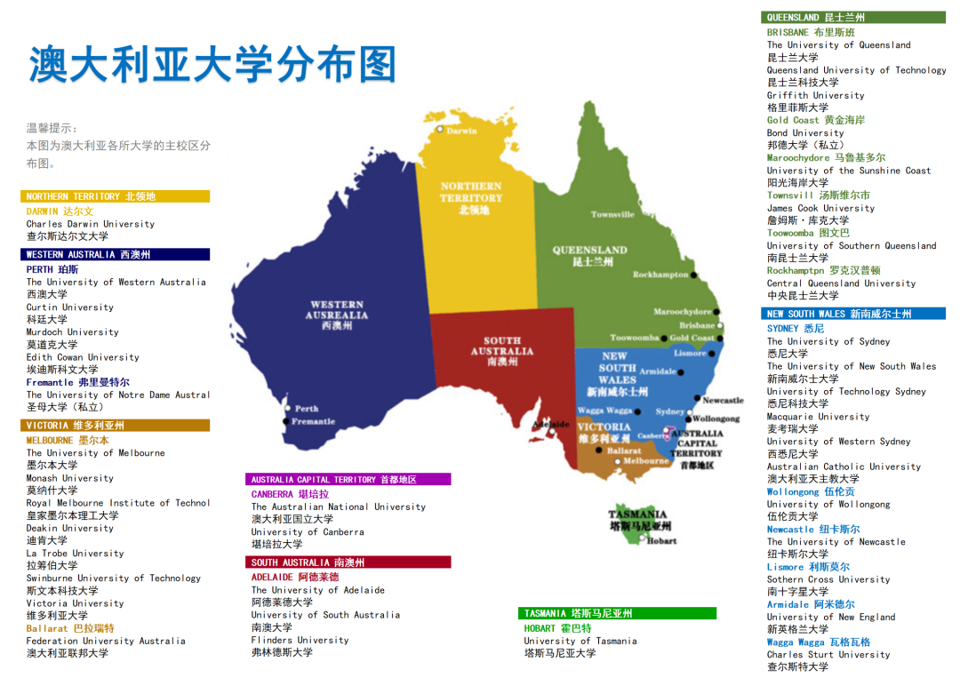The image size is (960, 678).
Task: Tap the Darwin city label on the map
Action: point(460,131)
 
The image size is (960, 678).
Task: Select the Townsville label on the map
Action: point(612,214)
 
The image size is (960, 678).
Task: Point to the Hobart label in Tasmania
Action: point(661,540)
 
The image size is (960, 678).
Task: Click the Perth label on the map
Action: point(306,409)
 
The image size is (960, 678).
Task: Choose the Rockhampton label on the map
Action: point(660,275)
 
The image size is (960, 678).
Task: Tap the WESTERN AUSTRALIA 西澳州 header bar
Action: point(116,254)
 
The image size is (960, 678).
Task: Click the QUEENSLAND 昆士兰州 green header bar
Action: point(853,17)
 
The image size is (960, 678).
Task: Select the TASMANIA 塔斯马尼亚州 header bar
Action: point(617,613)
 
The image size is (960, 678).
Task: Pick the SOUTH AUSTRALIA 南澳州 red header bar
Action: point(348,562)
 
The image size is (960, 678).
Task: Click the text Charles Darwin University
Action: point(90,224)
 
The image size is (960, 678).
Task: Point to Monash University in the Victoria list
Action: point(69,478)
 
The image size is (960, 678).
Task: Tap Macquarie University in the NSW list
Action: point(818,417)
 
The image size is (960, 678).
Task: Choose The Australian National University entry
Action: point(338,507)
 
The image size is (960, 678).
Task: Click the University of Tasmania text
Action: point(580,641)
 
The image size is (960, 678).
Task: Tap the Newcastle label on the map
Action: point(723,401)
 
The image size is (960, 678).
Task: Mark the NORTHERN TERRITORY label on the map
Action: point(470,192)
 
